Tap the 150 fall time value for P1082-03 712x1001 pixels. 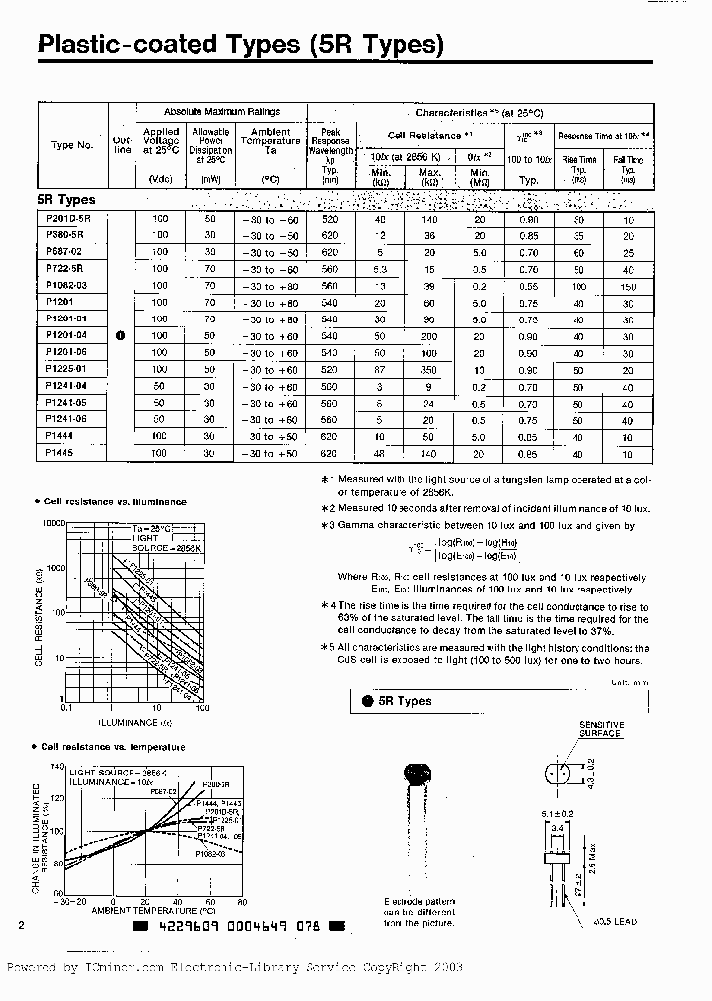click(x=627, y=286)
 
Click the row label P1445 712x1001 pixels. click(x=61, y=453)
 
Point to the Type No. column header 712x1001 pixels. click(x=72, y=145)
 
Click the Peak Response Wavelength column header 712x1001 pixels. click(x=330, y=147)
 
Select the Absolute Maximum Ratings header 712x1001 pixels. click(x=222, y=112)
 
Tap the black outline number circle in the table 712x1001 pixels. click(x=121, y=335)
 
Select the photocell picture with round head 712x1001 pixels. click(x=418, y=781)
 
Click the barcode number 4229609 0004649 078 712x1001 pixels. click(x=240, y=927)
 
